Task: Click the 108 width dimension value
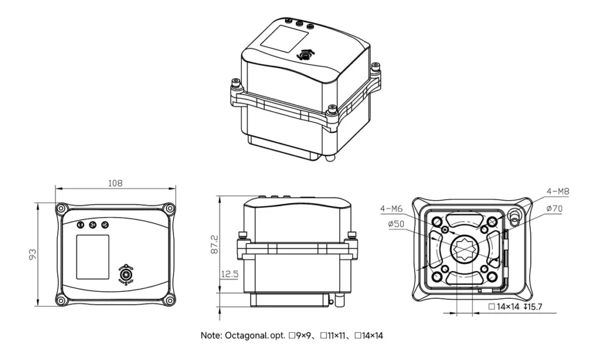(x=115, y=183)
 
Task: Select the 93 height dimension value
(x=33, y=253)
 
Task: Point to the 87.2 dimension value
(x=214, y=244)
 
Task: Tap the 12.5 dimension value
(x=228, y=274)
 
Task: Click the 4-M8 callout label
(x=557, y=191)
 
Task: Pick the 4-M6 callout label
(x=391, y=209)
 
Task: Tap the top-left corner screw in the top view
(x=61, y=208)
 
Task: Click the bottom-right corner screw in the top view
(x=169, y=300)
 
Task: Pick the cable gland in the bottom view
(x=514, y=217)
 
